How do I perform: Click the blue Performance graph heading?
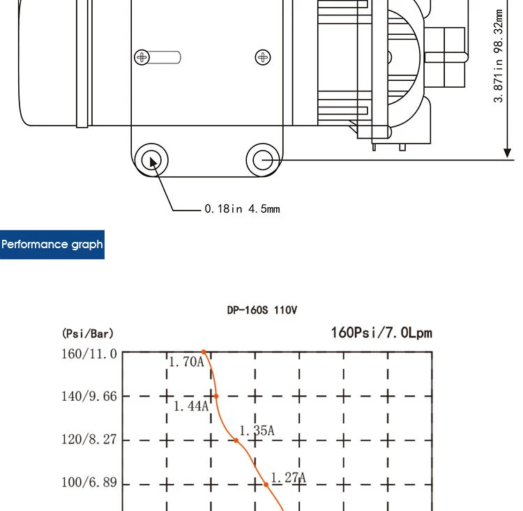52,245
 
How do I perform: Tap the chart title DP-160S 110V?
261,310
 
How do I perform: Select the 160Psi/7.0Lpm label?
381,333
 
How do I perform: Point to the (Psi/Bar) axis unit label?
88,333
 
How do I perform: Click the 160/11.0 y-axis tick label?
89,354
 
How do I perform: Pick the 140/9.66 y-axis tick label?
89,397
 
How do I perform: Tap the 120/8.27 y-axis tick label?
89,439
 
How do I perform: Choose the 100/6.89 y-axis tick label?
89,482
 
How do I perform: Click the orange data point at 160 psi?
204,352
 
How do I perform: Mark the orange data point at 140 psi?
216,396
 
